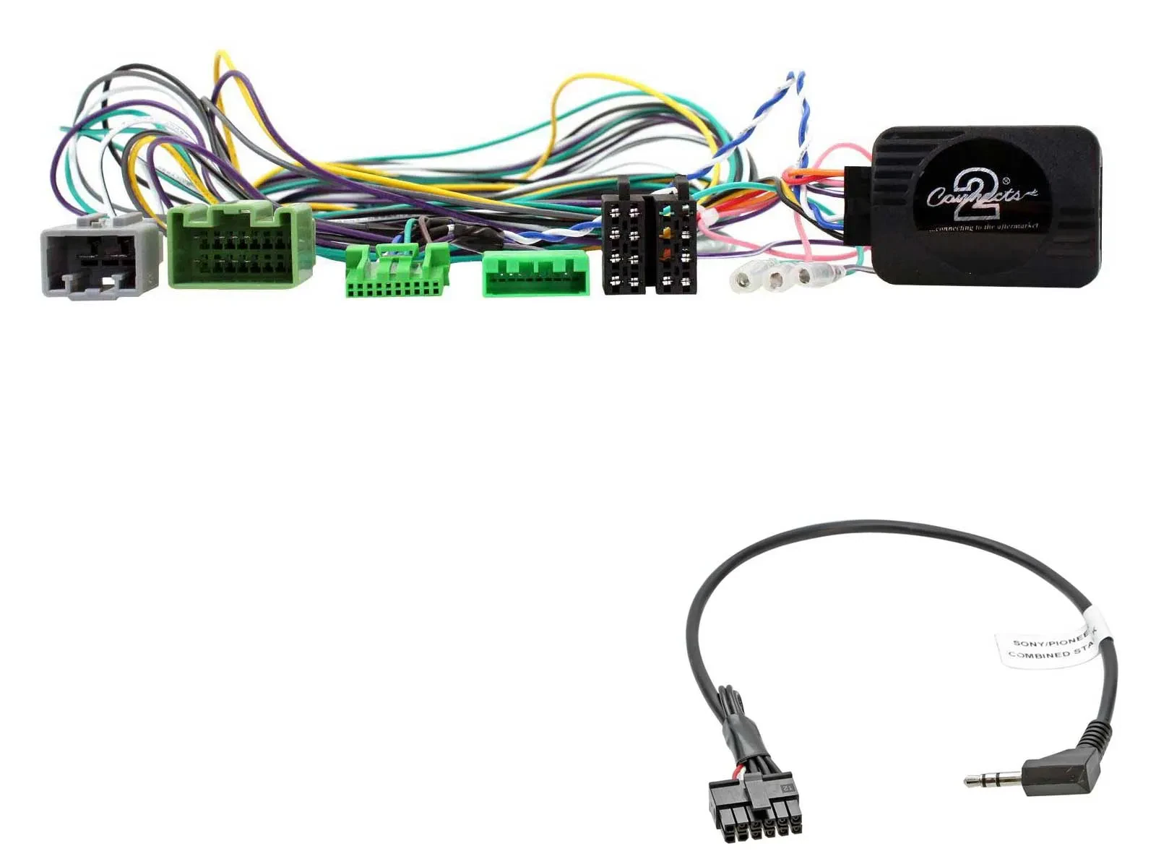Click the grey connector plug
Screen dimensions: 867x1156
click(x=100, y=257)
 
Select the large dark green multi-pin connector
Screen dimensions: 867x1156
click(x=240, y=246)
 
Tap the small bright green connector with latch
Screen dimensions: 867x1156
click(x=397, y=271)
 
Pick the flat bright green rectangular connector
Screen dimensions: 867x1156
click(x=535, y=274)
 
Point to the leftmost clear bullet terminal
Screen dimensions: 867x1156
click(x=745, y=278)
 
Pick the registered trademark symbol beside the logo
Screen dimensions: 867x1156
click(x=1006, y=181)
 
